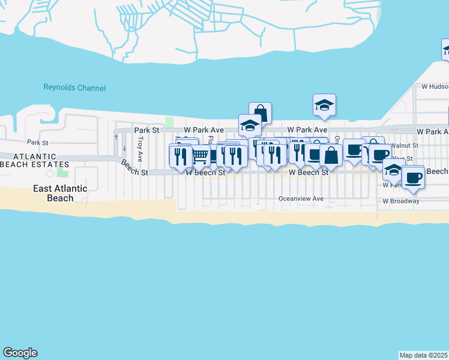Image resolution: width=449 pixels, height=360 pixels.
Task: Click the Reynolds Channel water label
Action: click(74, 88)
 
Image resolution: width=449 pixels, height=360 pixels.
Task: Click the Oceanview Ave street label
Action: click(301, 199)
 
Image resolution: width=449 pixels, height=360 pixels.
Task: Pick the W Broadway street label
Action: click(401, 201)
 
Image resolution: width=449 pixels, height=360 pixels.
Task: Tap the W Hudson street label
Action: click(435, 86)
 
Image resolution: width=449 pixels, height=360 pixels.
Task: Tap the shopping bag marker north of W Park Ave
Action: click(261, 113)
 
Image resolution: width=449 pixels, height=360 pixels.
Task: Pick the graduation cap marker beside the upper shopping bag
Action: click(250, 125)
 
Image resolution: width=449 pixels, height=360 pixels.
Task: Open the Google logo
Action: click(20, 353)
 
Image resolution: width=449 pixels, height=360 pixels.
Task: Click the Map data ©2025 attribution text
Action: click(424, 355)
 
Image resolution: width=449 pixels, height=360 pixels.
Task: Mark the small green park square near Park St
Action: click(170, 122)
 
